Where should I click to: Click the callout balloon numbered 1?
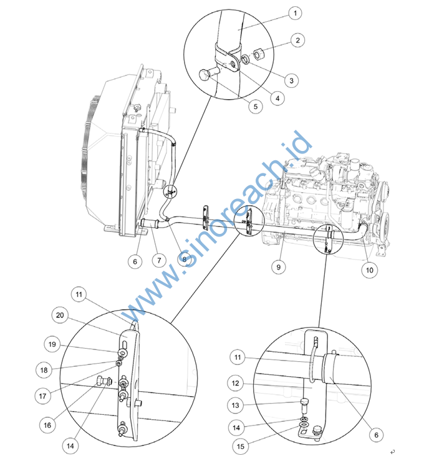[295, 13]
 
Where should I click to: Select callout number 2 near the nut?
[297, 40]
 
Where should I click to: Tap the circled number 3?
[291, 80]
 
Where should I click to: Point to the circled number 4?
[277, 99]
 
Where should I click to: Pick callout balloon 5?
[256, 107]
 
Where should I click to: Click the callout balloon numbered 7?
[159, 260]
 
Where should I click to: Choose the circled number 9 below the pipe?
[279, 267]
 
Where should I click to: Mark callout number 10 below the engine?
[369, 270]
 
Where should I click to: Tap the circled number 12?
[236, 383]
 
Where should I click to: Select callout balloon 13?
[236, 405]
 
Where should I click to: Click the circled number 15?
[241, 446]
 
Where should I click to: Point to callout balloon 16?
[47, 425]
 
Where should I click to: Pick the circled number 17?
[43, 395]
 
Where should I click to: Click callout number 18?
[44, 370]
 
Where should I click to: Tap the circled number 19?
[52, 344]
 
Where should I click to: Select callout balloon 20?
[60, 315]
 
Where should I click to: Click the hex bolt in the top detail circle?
[210, 74]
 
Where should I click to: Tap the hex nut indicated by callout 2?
[258, 54]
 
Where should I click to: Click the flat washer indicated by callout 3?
[245, 59]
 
